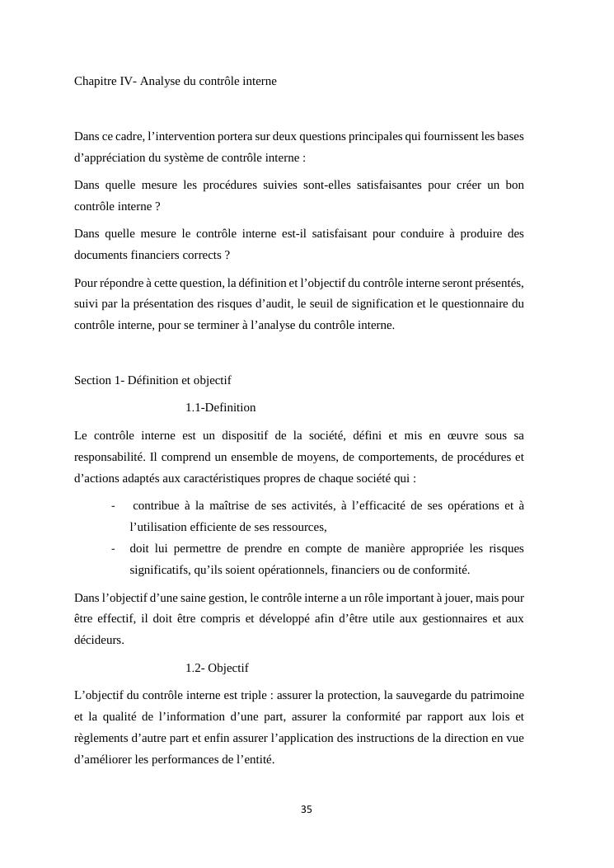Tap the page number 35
coord(307,809)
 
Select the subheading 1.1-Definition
coord(220,407)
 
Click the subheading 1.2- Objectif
coord(217,668)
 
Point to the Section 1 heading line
coord(152,380)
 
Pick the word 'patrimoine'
coord(495,695)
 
